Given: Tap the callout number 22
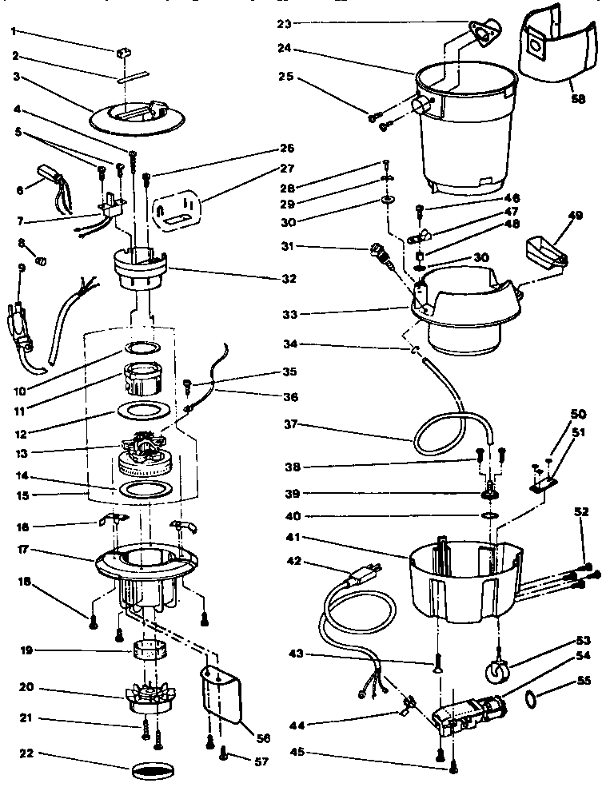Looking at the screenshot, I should (26, 754).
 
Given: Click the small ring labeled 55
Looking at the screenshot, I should (529, 701).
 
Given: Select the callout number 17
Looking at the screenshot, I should (26, 550).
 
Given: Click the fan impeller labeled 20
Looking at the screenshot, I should (150, 696).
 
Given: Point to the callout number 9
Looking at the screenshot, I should (22, 268).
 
